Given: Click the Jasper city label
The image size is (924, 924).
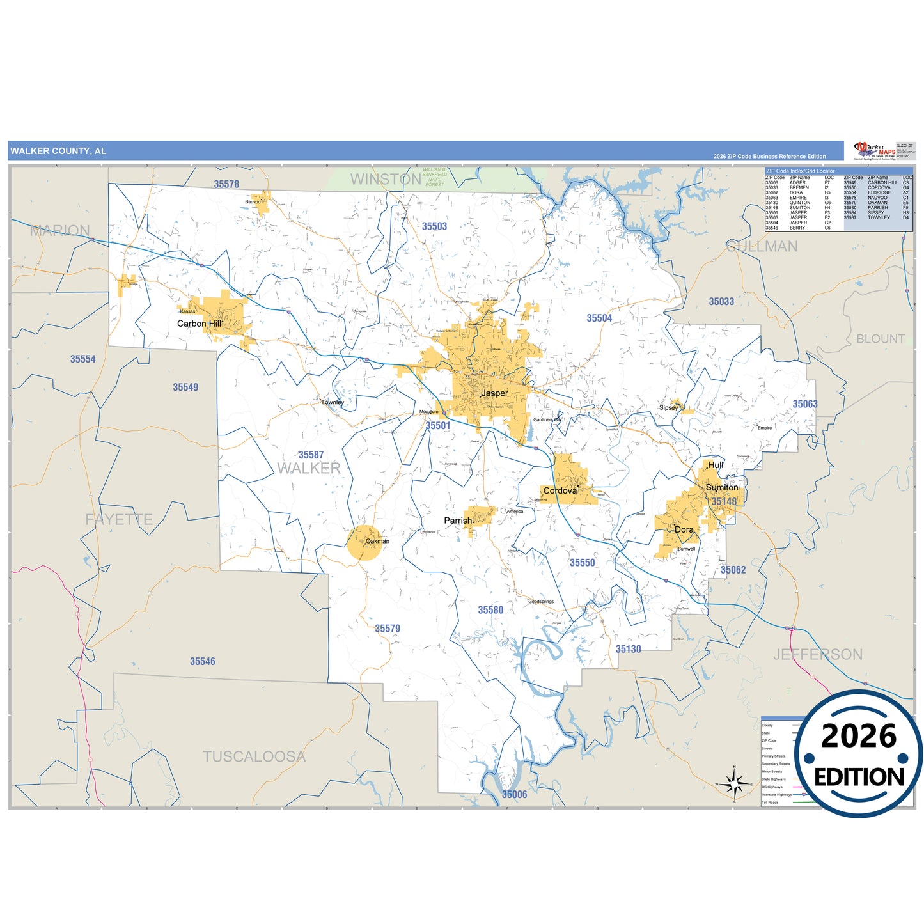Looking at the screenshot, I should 494,393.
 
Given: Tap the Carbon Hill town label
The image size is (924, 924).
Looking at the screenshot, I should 200,324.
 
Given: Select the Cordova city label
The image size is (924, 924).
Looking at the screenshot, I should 560,491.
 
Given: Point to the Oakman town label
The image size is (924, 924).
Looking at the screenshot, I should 377,541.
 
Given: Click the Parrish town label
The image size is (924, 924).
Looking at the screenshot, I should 458,521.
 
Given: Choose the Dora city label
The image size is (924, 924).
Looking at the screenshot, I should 684,529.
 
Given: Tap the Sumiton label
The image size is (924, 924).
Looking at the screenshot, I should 722,487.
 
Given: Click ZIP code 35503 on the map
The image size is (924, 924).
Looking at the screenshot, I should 434,226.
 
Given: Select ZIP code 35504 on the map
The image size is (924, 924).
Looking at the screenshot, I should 599,318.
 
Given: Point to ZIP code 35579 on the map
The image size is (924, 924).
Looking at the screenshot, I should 388,629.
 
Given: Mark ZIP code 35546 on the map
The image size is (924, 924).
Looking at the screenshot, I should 202,661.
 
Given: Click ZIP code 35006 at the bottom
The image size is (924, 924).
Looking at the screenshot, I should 514,794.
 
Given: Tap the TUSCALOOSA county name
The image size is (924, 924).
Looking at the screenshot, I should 254,756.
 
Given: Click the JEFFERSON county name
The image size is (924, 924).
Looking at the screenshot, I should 818,654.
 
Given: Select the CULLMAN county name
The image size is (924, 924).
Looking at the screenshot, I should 762,247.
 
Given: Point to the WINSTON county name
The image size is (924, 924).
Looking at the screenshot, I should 386,180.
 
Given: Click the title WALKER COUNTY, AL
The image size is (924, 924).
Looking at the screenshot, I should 58,151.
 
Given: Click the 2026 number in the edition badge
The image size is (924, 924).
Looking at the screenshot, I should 859,737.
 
